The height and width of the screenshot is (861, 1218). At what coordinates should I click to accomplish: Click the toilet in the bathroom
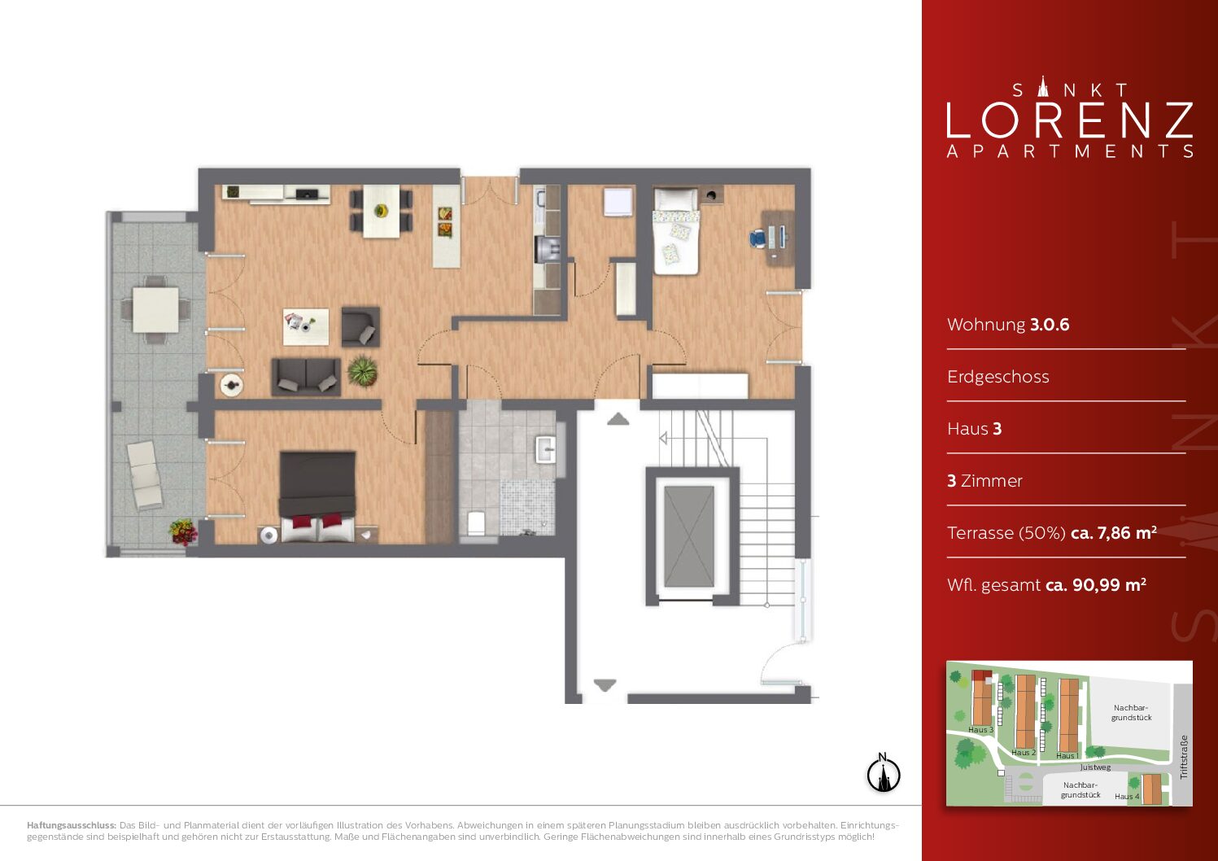click(476, 523)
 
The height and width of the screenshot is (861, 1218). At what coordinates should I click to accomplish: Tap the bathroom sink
click(545, 449)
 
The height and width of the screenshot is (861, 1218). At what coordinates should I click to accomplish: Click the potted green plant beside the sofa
click(363, 370)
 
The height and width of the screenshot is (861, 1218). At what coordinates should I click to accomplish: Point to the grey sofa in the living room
click(306, 376)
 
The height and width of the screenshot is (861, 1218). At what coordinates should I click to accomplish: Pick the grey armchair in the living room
click(360, 327)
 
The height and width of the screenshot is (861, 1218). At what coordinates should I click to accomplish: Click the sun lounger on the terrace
click(145, 475)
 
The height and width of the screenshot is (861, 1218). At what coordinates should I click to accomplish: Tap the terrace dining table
click(155, 310)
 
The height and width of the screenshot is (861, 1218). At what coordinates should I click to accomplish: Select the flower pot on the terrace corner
click(183, 531)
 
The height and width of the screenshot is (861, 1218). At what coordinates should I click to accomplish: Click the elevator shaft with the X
click(689, 536)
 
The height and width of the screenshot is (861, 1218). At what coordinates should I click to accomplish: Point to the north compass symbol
click(883, 772)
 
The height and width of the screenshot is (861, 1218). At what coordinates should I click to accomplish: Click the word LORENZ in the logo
click(1070, 120)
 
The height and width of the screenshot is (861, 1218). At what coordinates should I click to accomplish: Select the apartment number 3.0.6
click(1050, 325)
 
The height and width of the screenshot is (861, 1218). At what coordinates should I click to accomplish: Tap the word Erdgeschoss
click(998, 377)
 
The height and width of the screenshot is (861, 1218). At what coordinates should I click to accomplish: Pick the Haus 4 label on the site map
click(1127, 796)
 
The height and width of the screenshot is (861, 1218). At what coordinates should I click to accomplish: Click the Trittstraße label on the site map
click(1184, 758)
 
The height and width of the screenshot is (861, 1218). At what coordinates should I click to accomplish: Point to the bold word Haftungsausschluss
click(72, 825)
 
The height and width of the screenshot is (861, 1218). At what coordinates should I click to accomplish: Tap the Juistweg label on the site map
click(1095, 767)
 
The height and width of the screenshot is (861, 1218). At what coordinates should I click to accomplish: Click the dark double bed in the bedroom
click(317, 496)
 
